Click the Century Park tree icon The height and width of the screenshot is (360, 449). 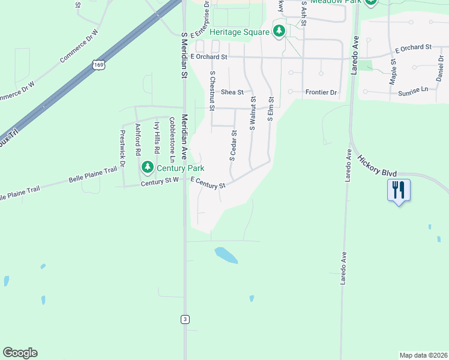147,166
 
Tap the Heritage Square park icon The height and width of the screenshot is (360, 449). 279,31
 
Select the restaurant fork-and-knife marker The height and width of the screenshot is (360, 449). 399,190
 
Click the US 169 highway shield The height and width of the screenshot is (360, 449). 97,64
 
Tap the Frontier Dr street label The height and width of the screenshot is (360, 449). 321,92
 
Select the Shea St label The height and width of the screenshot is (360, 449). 232,92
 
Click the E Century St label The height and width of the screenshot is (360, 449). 208,182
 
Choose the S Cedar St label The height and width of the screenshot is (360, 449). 232,146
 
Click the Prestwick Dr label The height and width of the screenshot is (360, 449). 122,148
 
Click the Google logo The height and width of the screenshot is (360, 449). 20,353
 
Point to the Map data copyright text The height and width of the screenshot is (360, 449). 424,355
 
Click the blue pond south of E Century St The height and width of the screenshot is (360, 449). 226,255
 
